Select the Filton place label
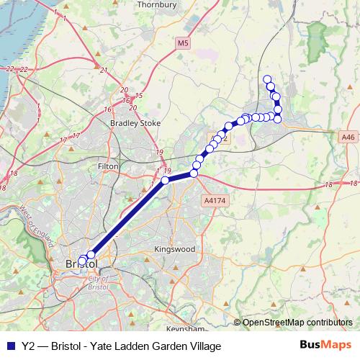[107, 166]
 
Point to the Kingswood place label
[175, 249]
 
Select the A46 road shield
[347, 136]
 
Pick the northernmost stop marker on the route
[267, 79]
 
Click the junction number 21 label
[104, 70]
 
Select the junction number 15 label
[138, 96]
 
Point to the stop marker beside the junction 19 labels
[165, 180]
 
